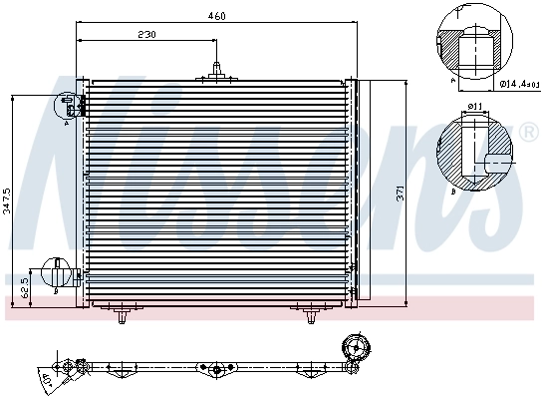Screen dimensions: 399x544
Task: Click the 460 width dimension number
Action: (x=216, y=15)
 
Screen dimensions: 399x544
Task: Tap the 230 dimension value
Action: (x=146, y=34)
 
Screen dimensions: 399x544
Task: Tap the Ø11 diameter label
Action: (x=475, y=105)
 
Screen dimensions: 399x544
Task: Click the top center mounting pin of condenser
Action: (x=216, y=70)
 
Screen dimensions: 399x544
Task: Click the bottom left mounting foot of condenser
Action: (x=122, y=317)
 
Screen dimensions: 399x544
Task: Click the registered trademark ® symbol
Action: (x=529, y=132)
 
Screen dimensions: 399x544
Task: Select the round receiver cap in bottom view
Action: (x=355, y=351)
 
